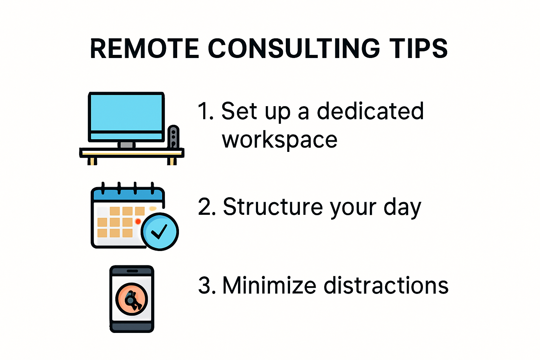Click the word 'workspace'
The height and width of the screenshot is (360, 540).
click(x=279, y=140)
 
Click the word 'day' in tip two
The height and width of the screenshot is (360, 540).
click(x=402, y=207)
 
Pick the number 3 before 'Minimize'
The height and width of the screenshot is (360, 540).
click(x=205, y=285)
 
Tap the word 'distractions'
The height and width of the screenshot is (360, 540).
click(x=386, y=285)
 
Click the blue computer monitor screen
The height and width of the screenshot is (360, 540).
click(x=126, y=112)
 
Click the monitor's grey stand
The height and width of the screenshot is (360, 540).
click(x=126, y=145)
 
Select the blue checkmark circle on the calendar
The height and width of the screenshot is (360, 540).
click(x=160, y=231)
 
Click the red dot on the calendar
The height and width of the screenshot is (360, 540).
click(x=138, y=221)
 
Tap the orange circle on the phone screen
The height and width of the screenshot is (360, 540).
click(x=132, y=299)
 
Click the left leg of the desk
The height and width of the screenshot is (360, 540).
click(x=92, y=161)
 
